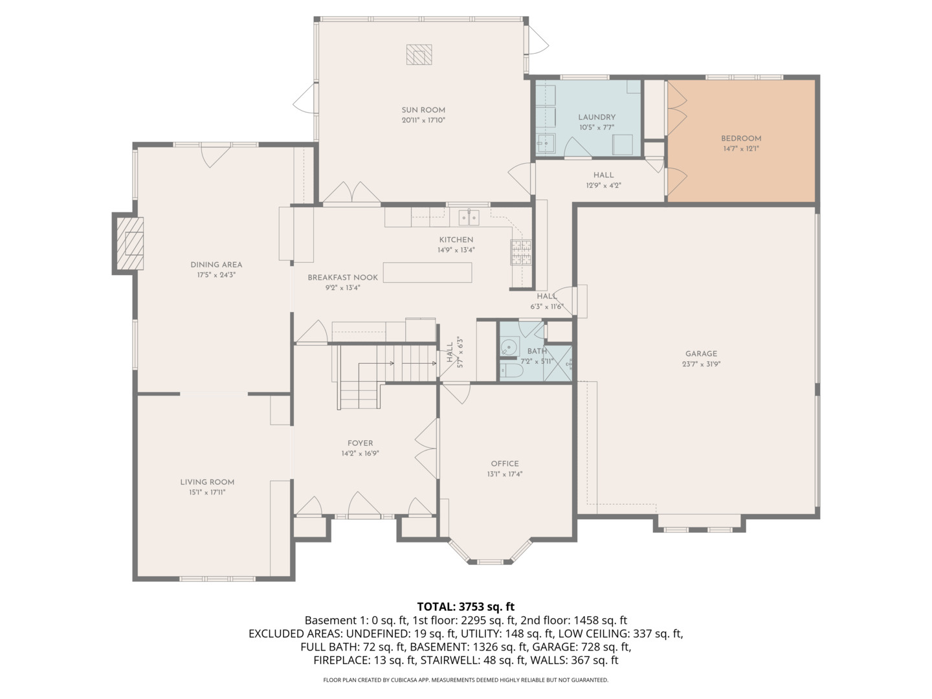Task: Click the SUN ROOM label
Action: (423, 110)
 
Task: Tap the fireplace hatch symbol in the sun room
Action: (419, 55)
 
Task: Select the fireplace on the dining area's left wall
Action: (129, 243)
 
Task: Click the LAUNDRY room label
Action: (597, 117)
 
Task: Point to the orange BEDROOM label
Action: (741, 139)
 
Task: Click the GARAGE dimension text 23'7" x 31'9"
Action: (702, 364)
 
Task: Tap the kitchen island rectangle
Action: (427, 272)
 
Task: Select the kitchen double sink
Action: (469, 217)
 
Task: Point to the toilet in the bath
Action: (512, 371)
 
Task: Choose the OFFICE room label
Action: (505, 463)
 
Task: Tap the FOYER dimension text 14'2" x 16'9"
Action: (360, 454)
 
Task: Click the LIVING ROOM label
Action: (207, 482)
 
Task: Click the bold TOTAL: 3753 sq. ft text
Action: (465, 606)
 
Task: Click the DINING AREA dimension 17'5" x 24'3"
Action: (216, 275)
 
